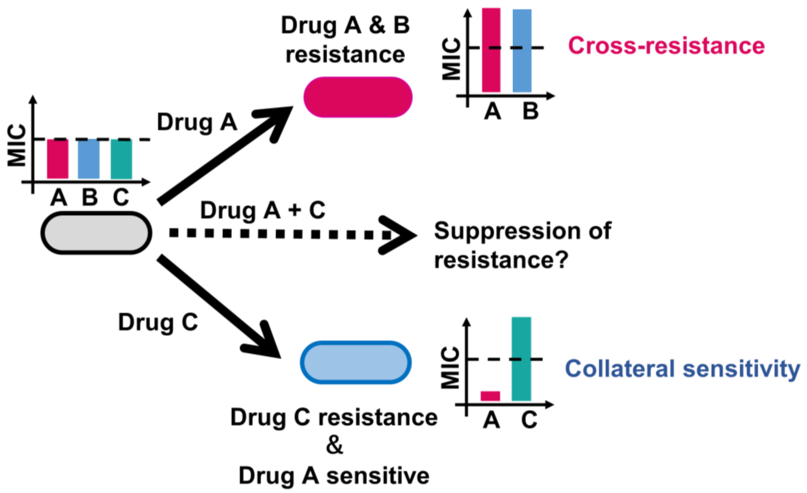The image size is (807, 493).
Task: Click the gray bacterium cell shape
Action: tap(96, 233)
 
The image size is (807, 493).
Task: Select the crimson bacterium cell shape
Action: tap(358, 97)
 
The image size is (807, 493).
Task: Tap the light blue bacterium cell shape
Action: tap(356, 362)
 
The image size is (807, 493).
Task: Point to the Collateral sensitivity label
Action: tap(683, 369)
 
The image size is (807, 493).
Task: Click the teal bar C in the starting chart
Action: tap(121, 159)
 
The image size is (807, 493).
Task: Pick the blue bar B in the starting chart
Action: tap(88, 159)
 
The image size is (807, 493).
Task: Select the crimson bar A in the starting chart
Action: tap(58, 159)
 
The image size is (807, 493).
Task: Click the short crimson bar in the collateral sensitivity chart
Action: tap(490, 396)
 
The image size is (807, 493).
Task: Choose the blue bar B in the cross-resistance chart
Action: tap(522, 51)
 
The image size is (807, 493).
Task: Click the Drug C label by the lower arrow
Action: tap(158, 322)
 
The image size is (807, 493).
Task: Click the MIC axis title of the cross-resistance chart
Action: tap(451, 59)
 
